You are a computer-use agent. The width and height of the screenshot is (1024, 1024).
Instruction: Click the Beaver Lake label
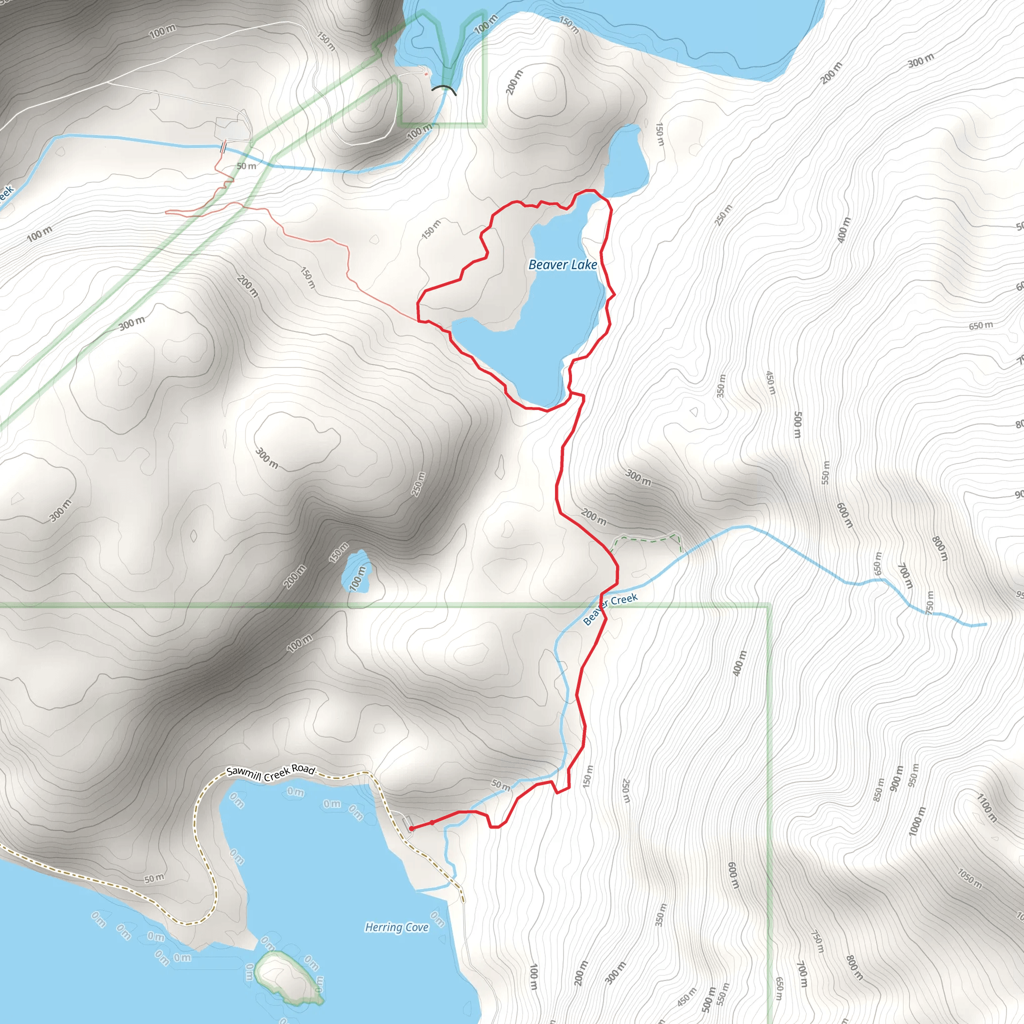(x=562, y=264)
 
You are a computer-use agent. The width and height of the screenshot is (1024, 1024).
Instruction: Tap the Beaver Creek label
(x=610, y=608)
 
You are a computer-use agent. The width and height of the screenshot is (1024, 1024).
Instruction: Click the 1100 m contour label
(x=986, y=806)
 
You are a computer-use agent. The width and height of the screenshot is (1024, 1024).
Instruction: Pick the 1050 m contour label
(x=969, y=878)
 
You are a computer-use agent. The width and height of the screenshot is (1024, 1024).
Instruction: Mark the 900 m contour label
(x=897, y=778)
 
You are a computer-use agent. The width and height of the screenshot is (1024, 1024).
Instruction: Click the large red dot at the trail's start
(x=412, y=828)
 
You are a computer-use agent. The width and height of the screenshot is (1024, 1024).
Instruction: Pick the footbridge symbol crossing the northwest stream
(x=224, y=146)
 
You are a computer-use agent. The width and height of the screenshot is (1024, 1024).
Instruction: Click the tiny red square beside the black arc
(x=426, y=74)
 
